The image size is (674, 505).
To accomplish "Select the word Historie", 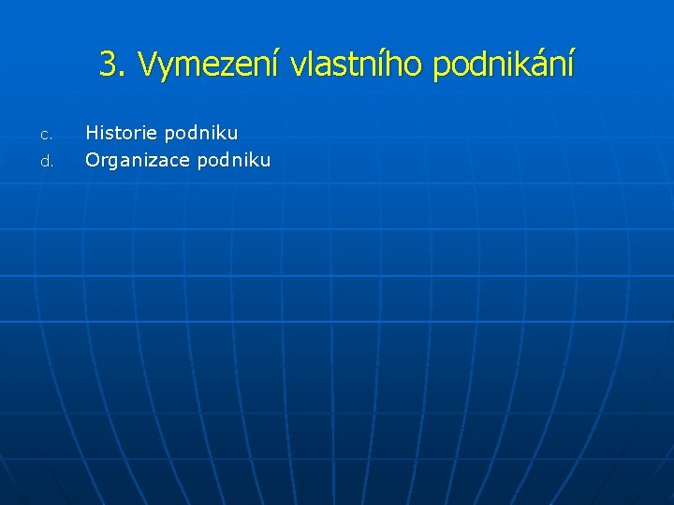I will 122,134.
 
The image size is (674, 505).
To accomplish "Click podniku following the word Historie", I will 201,134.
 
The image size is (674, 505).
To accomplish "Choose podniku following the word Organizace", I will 233,160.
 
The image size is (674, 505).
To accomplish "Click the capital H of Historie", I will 92,134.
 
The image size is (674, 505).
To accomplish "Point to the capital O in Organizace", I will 93,160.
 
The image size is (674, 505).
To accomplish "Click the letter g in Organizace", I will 114,162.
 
